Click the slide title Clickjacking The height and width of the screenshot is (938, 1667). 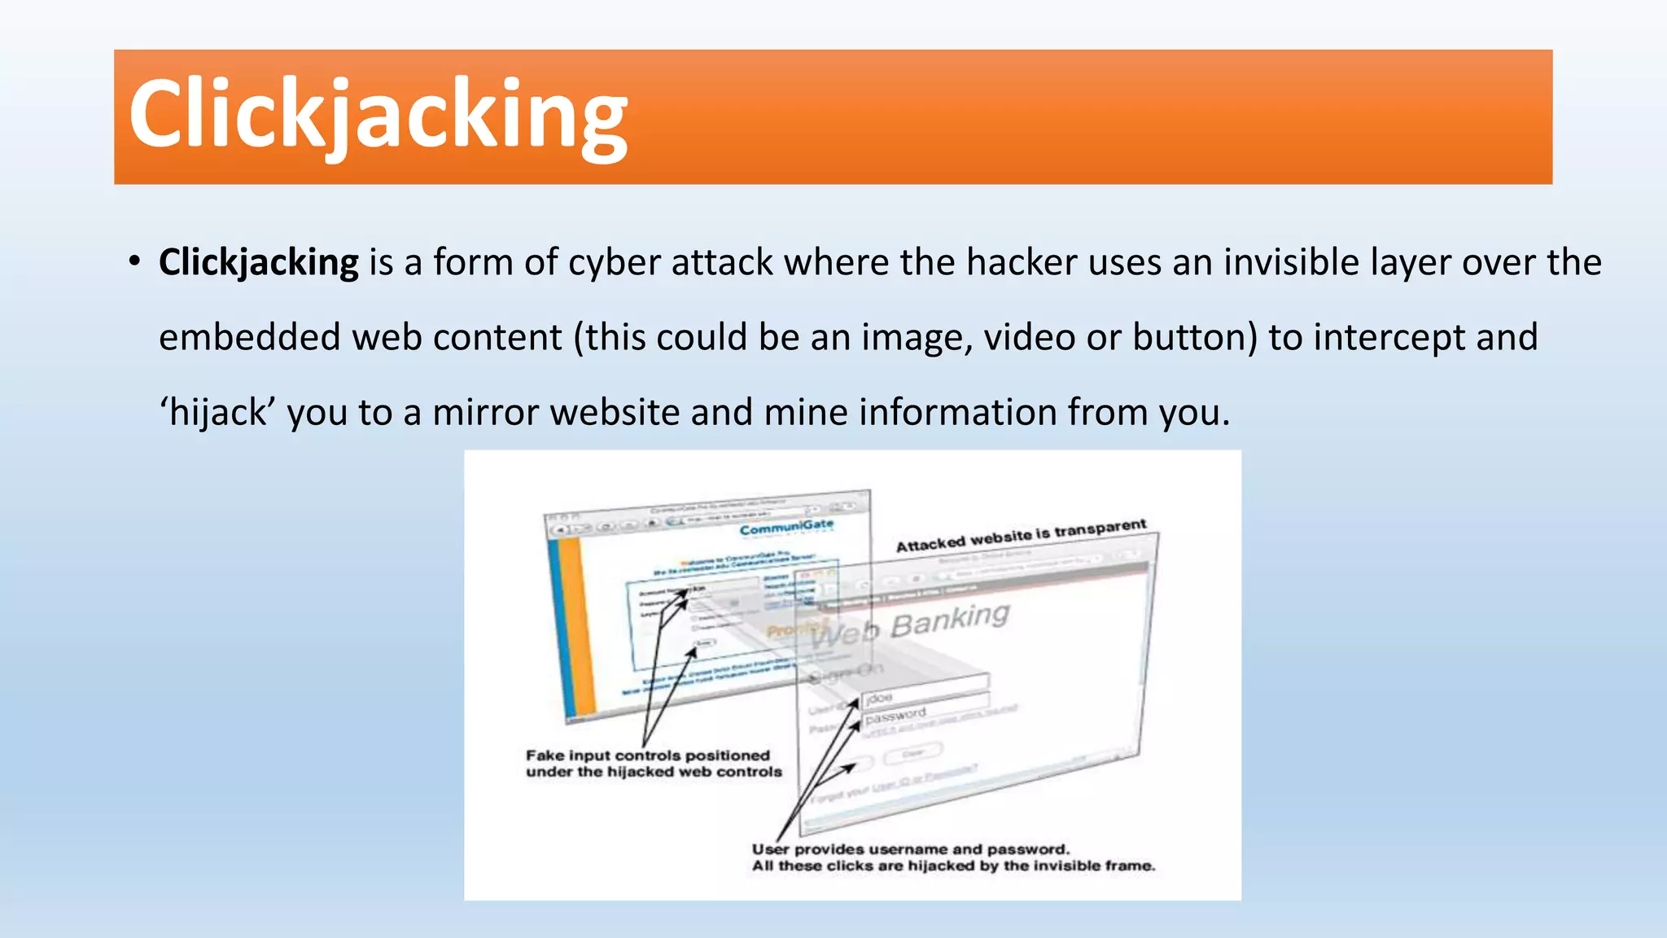point(378,115)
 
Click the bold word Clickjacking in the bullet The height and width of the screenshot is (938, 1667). point(258,263)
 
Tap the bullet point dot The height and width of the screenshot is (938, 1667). point(135,262)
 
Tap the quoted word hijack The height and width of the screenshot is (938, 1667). point(217,413)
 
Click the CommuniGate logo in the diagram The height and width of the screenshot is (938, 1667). point(786,528)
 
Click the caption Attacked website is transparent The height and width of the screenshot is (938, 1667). point(1021,536)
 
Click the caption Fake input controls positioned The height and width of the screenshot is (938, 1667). point(647,756)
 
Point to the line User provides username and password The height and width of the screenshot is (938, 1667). point(910,849)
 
